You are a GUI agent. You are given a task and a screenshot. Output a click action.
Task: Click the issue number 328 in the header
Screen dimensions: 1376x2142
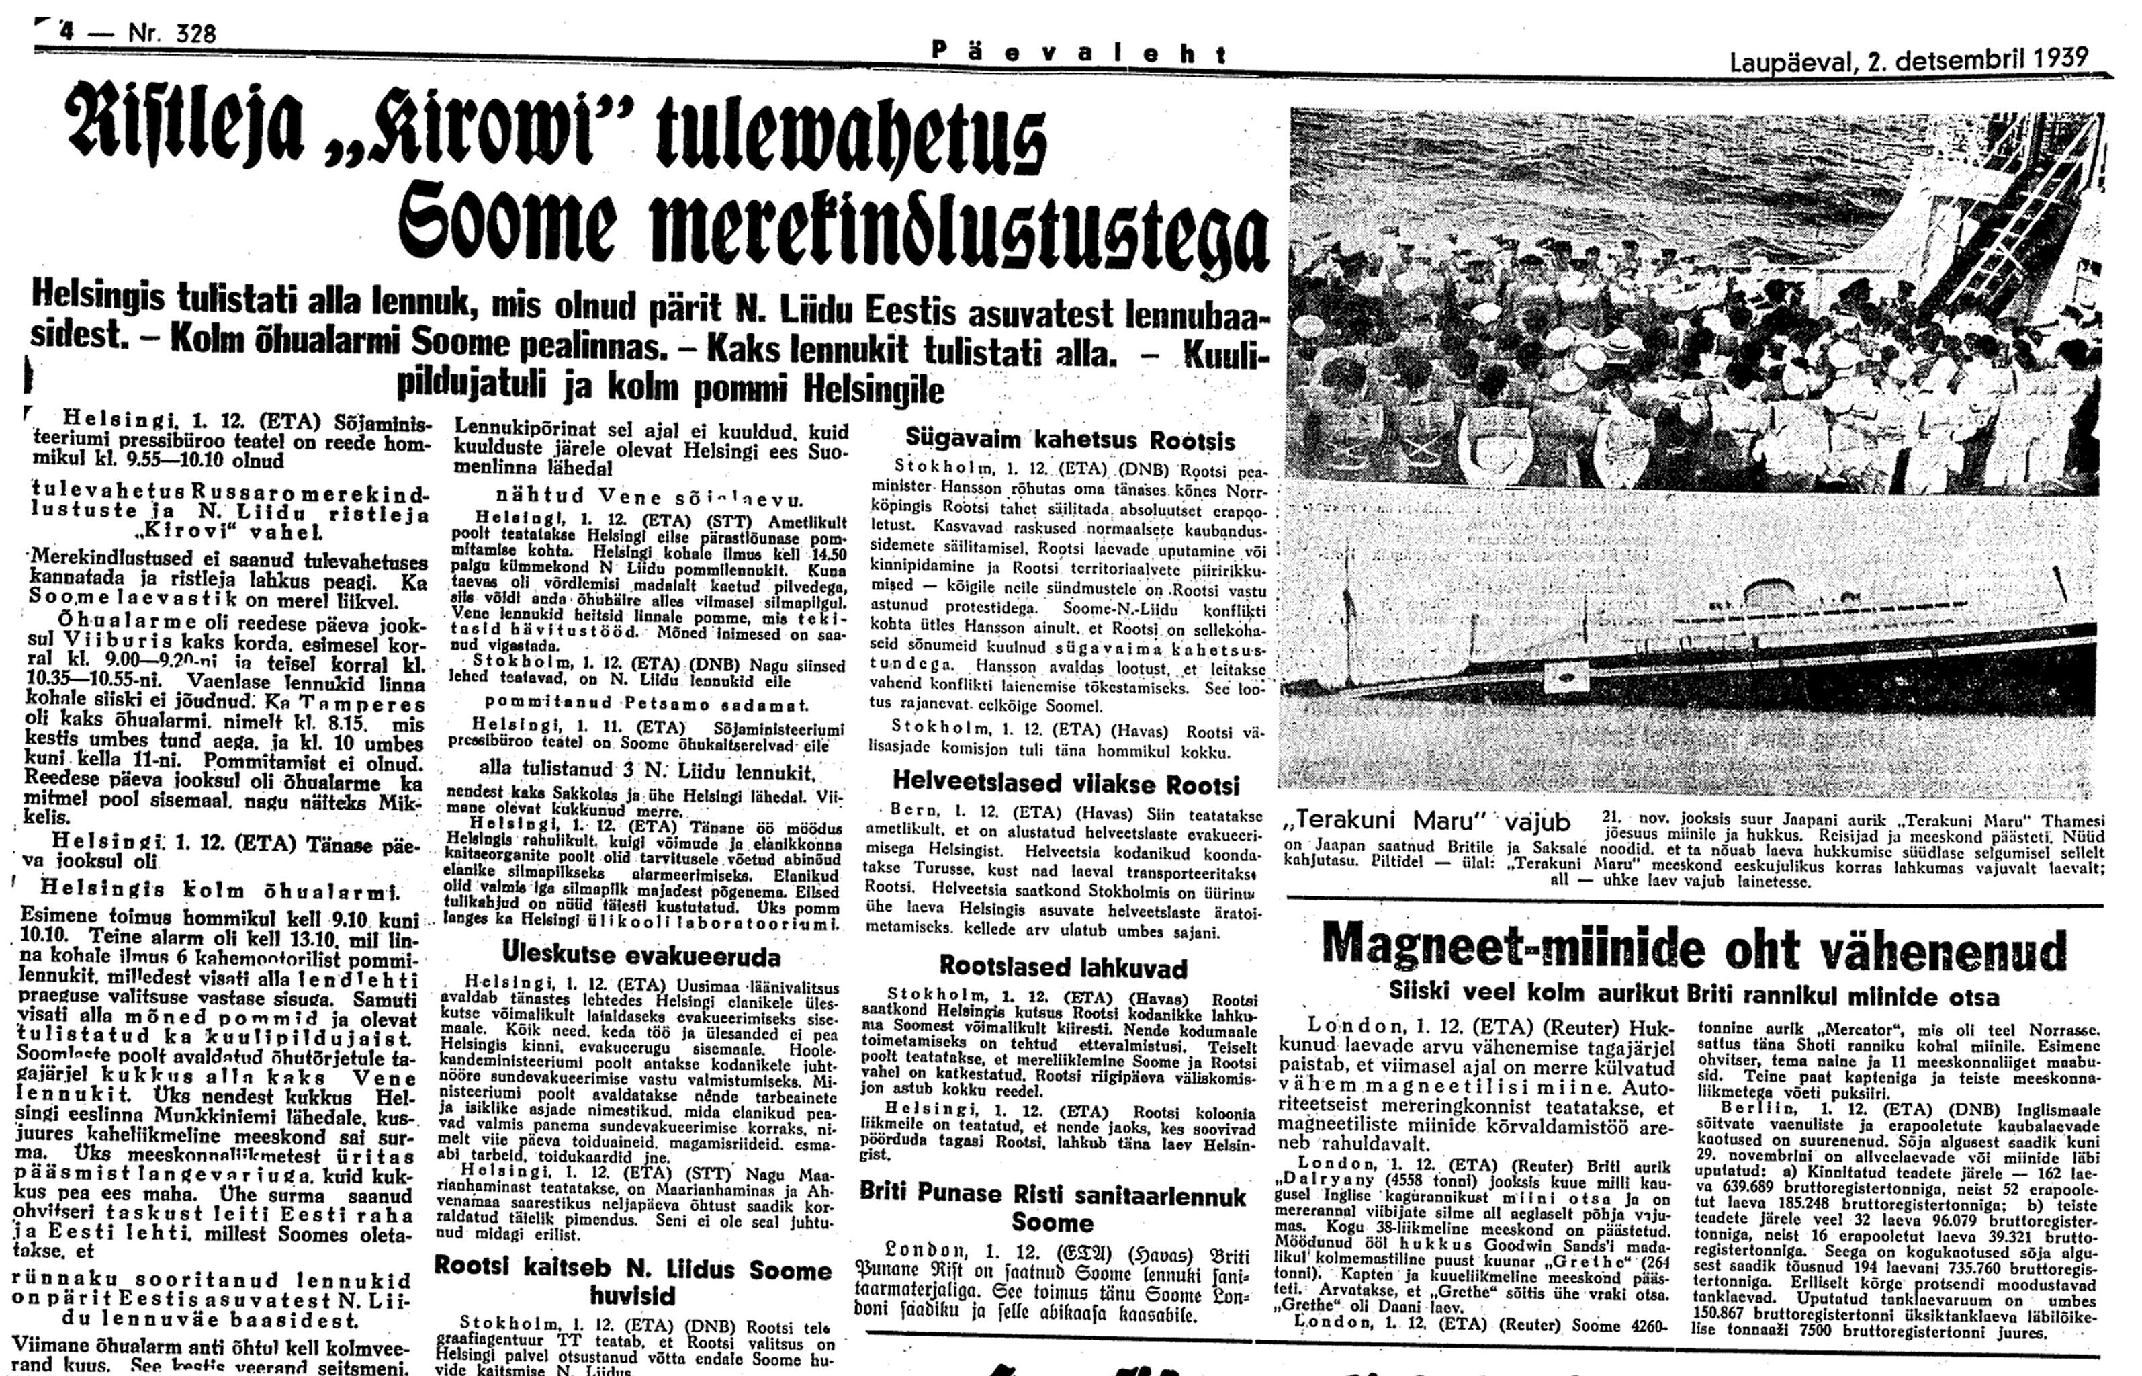[185, 34]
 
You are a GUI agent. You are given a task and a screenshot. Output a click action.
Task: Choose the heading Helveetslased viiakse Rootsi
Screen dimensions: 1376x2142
[1066, 785]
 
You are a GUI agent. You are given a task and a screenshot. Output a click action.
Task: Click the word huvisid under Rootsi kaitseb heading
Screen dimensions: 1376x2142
[633, 1295]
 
